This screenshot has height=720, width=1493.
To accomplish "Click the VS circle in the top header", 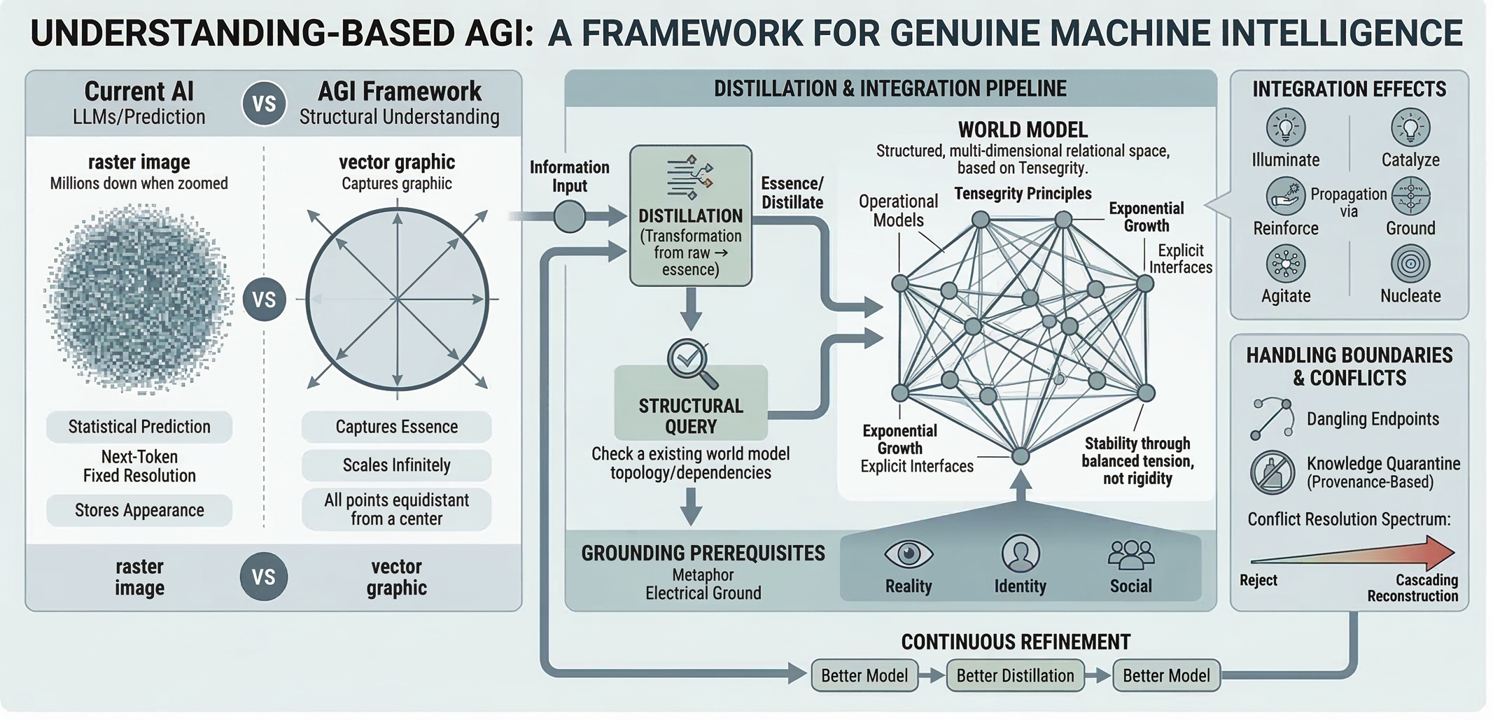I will [264, 104].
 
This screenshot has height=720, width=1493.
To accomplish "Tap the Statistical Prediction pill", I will [139, 427].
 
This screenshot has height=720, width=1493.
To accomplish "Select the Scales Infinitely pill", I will [396, 465].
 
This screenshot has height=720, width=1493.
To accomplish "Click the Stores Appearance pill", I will [139, 510].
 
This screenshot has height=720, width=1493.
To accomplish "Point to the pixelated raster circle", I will [139, 299].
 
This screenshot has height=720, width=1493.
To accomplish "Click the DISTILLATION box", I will [690, 216].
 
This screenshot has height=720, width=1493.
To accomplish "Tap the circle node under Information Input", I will [569, 216].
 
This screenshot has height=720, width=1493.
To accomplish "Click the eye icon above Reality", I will [908, 554].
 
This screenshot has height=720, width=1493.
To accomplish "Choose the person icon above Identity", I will [1020, 553].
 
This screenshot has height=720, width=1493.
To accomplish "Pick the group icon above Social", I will [1130, 554].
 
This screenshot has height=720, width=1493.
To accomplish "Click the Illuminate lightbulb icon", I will [1285, 128].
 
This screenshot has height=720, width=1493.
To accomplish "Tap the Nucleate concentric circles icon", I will [1410, 264].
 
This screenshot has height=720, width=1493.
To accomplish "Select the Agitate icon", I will [1285, 264].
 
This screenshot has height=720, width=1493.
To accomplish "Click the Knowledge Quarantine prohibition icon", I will [1272, 472].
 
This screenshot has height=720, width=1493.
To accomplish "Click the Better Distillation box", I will [1015, 675].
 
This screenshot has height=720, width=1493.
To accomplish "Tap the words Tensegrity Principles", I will [1022, 193].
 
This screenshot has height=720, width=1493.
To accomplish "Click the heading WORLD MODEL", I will [1022, 129].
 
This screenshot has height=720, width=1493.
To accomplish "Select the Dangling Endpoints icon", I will [1271, 418].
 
